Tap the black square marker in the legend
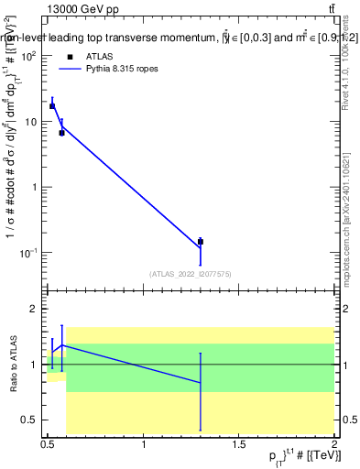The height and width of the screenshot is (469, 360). click(x=70, y=57)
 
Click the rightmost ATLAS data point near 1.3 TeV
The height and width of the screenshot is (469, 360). click(x=200, y=242)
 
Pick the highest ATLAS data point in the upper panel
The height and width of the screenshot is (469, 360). click(x=52, y=105)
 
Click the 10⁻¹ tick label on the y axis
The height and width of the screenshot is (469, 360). click(x=27, y=253)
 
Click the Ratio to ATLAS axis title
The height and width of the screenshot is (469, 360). click(x=14, y=365)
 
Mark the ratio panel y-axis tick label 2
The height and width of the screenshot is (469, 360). click(x=34, y=310)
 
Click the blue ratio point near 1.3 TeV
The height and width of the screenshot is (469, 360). click(x=200, y=382)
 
